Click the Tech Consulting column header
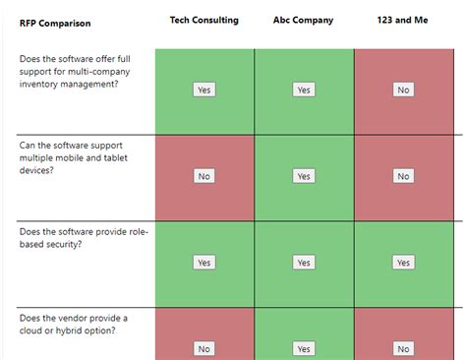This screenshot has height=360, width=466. (x=204, y=20)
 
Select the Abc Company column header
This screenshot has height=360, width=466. (x=303, y=20)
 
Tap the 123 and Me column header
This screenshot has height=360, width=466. (x=402, y=20)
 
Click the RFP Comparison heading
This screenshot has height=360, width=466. (x=55, y=24)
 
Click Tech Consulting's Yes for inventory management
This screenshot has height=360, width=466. (x=204, y=90)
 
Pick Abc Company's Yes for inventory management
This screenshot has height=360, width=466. (x=304, y=90)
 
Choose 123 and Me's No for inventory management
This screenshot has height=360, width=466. (x=403, y=90)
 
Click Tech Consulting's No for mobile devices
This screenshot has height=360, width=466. (x=204, y=176)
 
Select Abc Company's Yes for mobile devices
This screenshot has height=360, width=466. (x=304, y=176)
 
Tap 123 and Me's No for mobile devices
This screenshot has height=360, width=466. (x=403, y=176)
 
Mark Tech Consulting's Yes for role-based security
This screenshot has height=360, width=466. (x=204, y=263)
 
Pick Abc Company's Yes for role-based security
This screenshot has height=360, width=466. (x=304, y=263)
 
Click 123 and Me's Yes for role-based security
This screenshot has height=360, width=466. (x=403, y=263)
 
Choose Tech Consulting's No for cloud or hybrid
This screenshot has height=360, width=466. (x=204, y=348)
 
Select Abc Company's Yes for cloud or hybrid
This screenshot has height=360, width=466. (x=304, y=348)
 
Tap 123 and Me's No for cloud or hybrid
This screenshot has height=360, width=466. (x=403, y=348)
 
